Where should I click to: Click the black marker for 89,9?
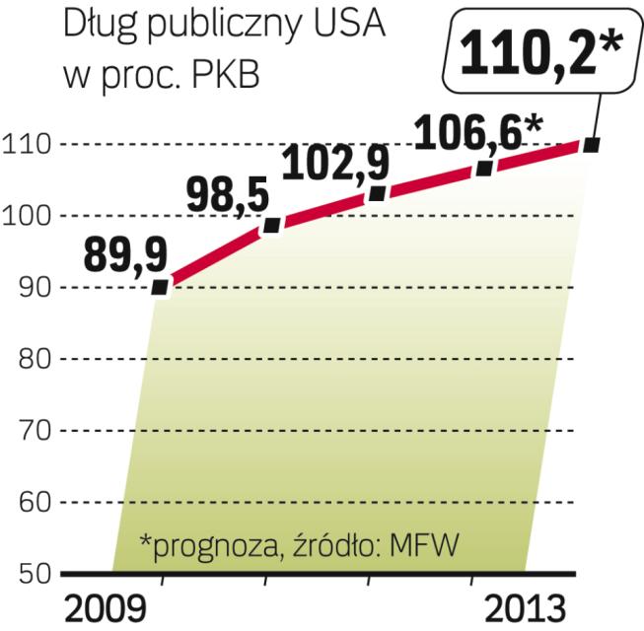tap(161, 288)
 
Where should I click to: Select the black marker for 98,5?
tap(272, 226)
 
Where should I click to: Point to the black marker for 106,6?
tap(484, 168)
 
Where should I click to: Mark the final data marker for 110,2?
tap(592, 145)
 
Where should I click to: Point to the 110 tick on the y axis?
tap(30, 145)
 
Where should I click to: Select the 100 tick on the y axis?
tap(30, 216)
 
